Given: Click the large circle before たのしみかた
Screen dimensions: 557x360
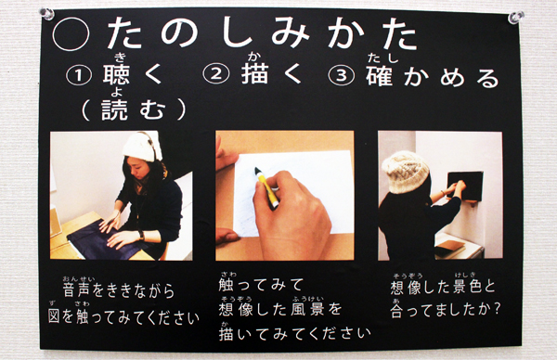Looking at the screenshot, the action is tap(71, 34).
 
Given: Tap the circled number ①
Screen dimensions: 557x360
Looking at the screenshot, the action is tap(79, 76).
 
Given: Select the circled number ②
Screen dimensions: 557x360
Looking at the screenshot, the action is tap(216, 74).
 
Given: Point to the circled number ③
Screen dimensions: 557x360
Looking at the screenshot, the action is tap(342, 76).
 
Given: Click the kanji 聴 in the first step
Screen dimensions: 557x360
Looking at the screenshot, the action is tap(116, 74).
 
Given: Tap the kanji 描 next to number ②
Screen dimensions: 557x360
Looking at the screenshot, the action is tap(254, 73).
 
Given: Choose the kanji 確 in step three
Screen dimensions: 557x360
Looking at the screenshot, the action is tap(380, 75).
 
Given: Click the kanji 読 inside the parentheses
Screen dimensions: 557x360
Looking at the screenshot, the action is tap(114, 109).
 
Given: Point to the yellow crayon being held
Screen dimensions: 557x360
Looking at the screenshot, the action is tap(267, 187).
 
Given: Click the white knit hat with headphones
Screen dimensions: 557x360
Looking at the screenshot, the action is tap(142, 147).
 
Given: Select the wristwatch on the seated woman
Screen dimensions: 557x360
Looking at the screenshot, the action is tap(141, 236).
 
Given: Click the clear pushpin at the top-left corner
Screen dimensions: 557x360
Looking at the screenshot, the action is tap(47, 14).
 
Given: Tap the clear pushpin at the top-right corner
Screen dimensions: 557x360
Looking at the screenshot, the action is tap(515, 17).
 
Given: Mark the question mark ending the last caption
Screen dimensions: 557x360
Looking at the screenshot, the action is tap(497, 310).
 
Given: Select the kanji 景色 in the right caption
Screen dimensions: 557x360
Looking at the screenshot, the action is tap(468, 288).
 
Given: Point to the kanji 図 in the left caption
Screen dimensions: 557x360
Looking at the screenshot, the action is tap(54, 316).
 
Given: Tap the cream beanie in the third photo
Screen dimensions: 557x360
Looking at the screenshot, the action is tap(405, 172).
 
